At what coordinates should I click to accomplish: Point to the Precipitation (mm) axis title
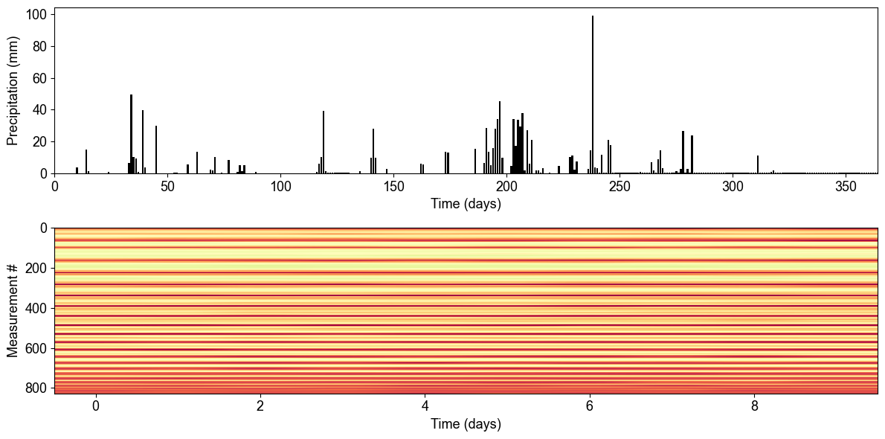[x=13, y=91]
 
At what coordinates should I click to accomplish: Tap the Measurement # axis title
[x=13, y=310]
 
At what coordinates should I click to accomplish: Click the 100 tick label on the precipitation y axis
[x=36, y=15]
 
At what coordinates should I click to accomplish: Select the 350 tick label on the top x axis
[x=846, y=185]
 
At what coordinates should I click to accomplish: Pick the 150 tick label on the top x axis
[x=393, y=185]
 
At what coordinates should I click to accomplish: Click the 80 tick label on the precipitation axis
[x=39, y=47]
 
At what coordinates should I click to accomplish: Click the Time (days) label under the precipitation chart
[x=466, y=203]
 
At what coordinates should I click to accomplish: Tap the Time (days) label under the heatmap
[x=466, y=424]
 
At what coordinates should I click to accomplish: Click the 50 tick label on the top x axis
[x=167, y=185]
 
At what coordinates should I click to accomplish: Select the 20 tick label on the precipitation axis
[x=39, y=142]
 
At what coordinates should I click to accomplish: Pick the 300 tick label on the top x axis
[x=733, y=185]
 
